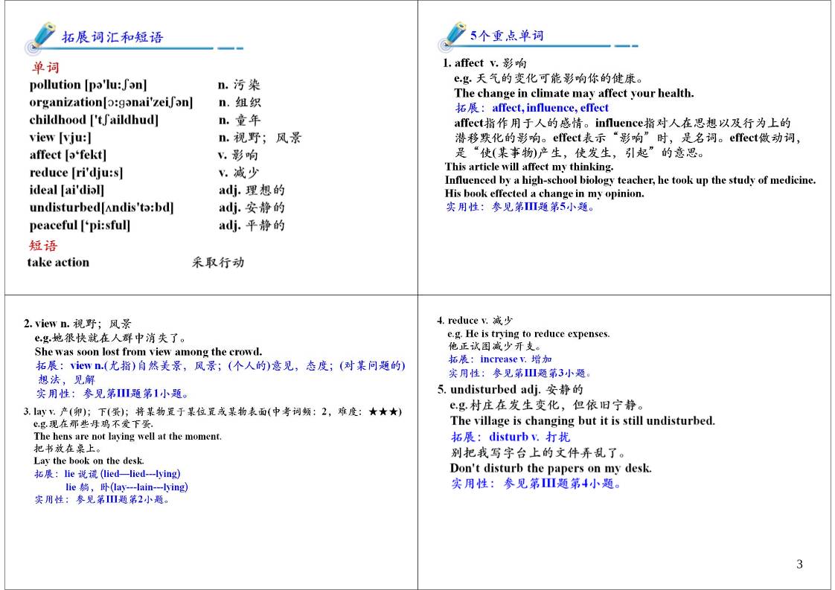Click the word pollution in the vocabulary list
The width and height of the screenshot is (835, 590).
pyautogui.click(x=55, y=85)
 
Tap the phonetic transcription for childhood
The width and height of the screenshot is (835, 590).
pyautogui.click(x=124, y=120)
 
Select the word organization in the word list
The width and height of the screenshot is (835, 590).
pyautogui.click(x=65, y=103)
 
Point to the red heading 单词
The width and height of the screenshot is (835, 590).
pyautogui.click(x=45, y=68)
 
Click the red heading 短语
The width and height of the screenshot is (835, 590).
pyautogui.click(x=43, y=246)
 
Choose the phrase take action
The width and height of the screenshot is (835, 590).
pyautogui.click(x=58, y=262)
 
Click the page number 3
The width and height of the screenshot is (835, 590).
pyautogui.click(x=800, y=564)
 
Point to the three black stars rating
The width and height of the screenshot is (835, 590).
pyautogui.click(x=385, y=411)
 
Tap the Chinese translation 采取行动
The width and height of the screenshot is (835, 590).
pyautogui.click(x=217, y=262)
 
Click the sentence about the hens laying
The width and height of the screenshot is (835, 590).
pyautogui.click(x=127, y=437)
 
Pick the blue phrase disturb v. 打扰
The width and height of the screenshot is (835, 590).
pyautogui.click(x=528, y=437)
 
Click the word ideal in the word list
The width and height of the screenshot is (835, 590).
pyautogui.click(x=43, y=190)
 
